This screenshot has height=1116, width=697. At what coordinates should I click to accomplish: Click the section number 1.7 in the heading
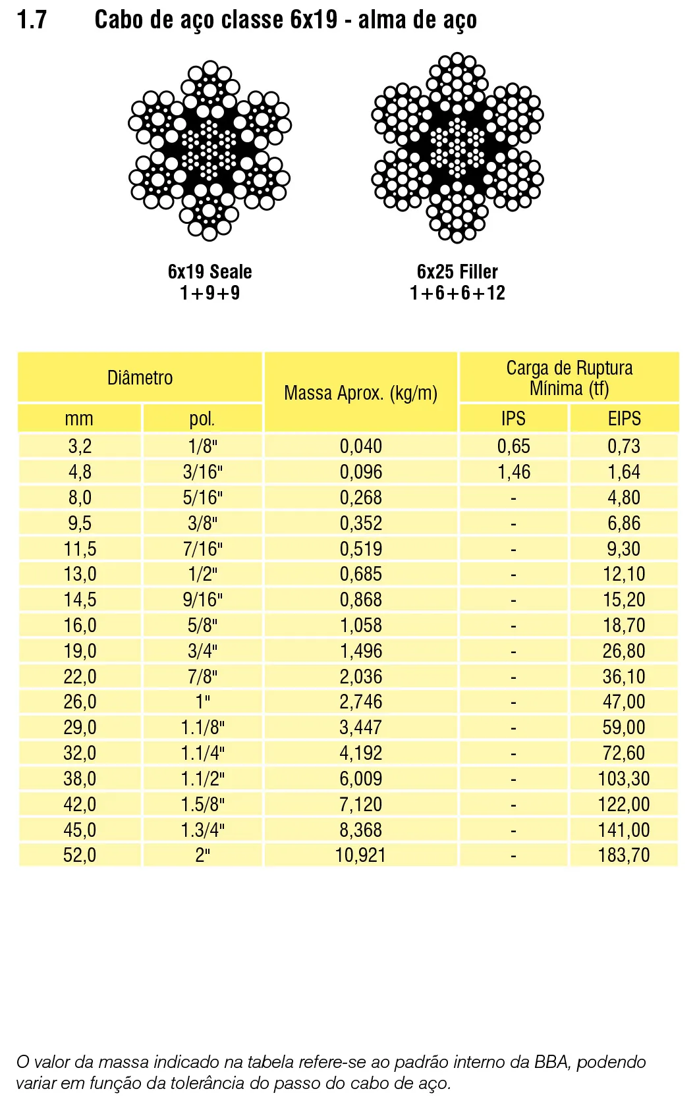point(32,20)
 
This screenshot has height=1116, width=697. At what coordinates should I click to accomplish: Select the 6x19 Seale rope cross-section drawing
point(209,151)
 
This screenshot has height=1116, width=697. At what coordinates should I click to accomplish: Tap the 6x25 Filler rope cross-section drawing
point(457,148)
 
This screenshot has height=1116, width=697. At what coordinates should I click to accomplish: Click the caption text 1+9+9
point(209,293)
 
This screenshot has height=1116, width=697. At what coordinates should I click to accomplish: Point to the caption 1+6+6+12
point(457,293)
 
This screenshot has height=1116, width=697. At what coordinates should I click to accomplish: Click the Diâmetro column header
point(140,378)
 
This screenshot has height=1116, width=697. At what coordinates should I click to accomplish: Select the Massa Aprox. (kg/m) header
point(360,393)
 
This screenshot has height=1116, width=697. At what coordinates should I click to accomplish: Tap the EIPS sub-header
point(624,419)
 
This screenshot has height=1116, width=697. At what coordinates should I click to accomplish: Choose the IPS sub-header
point(513,419)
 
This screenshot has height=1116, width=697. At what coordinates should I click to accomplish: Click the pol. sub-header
point(202,419)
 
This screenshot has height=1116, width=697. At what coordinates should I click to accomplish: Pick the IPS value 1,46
point(513,472)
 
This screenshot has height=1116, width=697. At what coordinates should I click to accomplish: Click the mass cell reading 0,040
point(360,446)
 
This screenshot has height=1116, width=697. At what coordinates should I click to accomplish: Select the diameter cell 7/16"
point(202,549)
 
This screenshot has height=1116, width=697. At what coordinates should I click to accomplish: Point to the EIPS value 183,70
point(623,855)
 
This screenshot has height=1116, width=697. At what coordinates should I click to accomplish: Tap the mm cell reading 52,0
point(80,855)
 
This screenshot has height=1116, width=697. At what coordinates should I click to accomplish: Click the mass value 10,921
point(360,855)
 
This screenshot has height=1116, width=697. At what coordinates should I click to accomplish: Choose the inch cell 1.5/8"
point(202,805)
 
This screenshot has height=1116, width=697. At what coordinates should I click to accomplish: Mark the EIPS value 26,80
point(623,651)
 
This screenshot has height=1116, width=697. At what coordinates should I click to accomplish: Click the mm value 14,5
point(80,600)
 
